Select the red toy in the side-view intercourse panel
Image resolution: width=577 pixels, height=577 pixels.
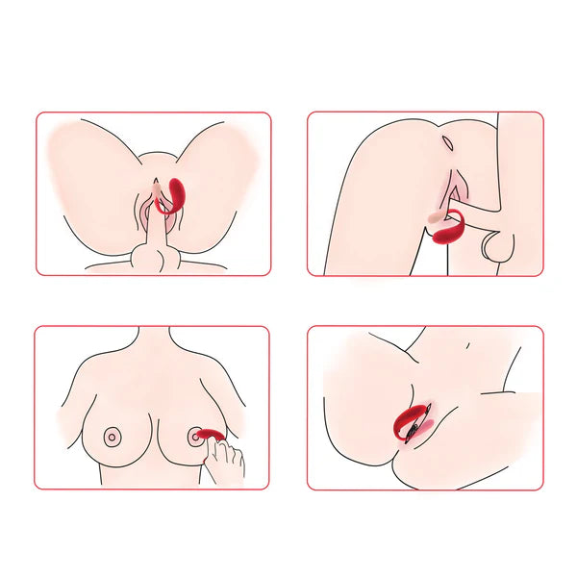point(460,234)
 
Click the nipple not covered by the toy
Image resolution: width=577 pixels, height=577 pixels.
point(113,436)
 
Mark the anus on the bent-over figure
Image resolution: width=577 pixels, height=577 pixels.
point(448,143)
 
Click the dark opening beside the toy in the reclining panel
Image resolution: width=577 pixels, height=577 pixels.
point(415,430)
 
